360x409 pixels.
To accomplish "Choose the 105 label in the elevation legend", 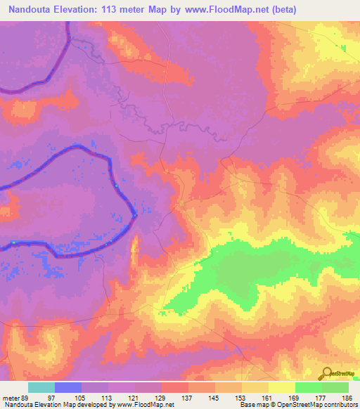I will click(82, 398).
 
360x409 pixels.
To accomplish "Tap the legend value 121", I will click(135, 398).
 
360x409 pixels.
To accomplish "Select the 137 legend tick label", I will click(188, 398).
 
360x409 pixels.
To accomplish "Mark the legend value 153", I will click(242, 398).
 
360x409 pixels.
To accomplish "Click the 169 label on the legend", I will click(295, 398).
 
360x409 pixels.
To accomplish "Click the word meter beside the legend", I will click(10, 398).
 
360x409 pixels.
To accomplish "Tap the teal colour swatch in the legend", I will click(41, 387).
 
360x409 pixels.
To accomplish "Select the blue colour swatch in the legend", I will click(68, 387).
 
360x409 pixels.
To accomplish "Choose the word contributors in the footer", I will click(340, 405).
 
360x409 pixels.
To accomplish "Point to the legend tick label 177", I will click(321, 398).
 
